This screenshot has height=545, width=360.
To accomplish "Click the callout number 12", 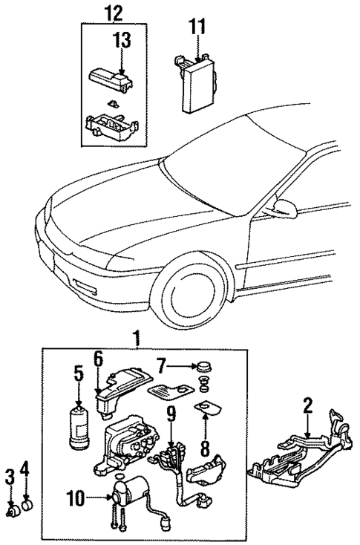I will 111,13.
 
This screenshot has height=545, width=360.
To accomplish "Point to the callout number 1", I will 135,340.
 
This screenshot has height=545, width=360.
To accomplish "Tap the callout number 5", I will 77,372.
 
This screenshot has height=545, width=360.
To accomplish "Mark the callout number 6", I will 97,359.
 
